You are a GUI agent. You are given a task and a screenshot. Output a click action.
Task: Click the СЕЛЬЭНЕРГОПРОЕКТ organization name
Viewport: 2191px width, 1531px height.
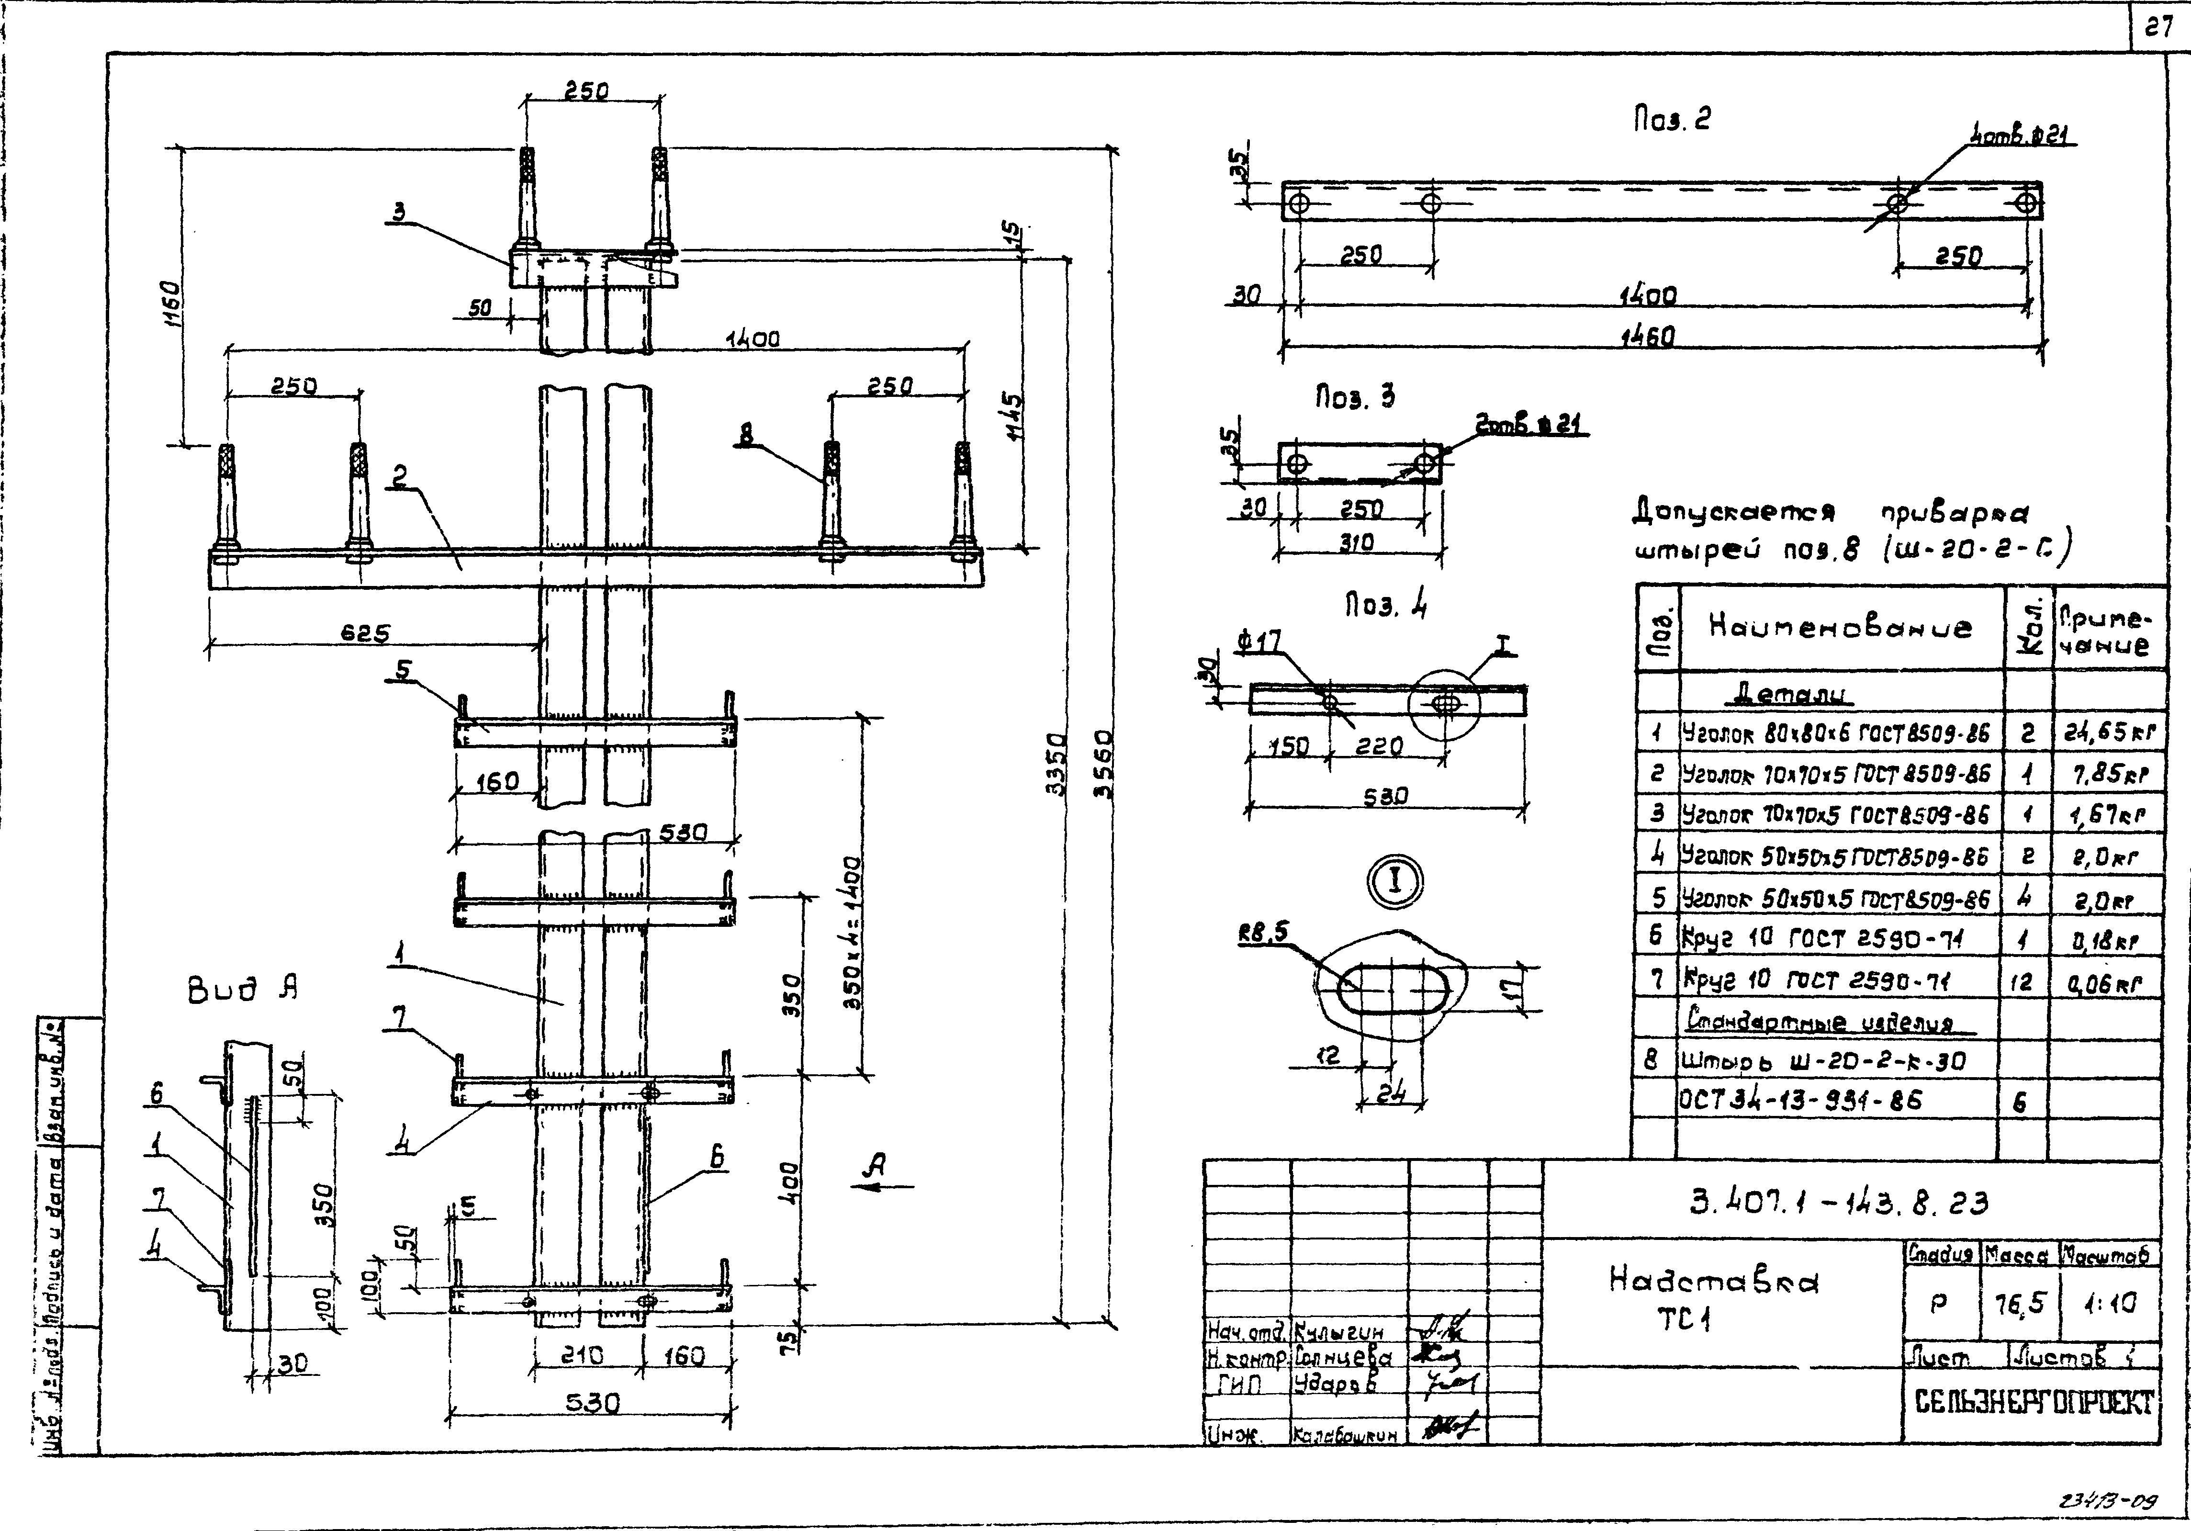coord(2034,1402)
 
